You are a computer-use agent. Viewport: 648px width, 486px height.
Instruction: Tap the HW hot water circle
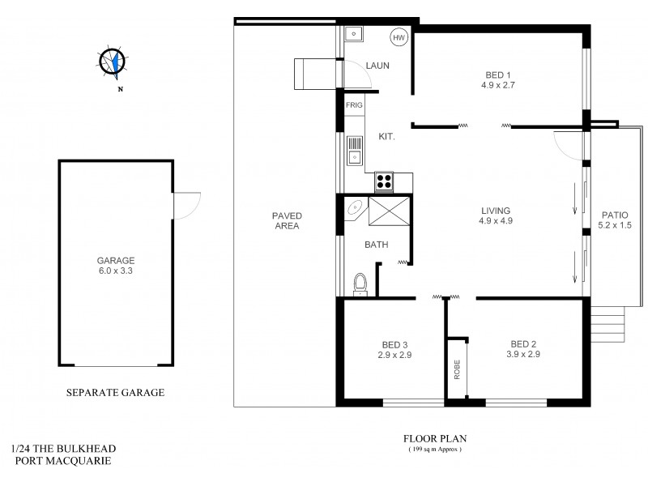point(399,37)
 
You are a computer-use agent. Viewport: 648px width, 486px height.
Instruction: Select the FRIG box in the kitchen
point(354,105)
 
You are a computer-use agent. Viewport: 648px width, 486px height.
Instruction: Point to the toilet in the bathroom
point(361,283)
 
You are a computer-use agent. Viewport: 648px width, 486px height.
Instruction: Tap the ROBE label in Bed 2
point(457,369)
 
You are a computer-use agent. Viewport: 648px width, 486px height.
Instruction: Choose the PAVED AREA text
point(287,220)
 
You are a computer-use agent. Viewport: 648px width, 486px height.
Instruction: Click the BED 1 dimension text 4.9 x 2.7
point(497,83)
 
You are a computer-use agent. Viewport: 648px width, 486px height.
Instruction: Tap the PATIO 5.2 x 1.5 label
point(615,220)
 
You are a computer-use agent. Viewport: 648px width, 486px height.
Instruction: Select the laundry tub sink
point(354,34)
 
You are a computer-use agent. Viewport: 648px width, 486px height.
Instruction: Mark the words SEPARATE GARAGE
point(114,393)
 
